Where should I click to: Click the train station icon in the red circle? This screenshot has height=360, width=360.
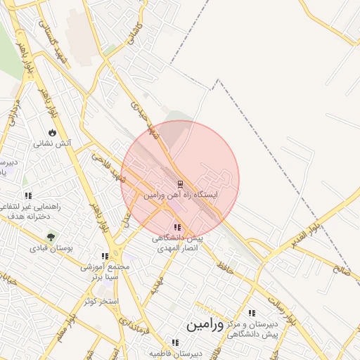(x=180, y=184)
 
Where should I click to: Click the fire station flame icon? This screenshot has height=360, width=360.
(x=53, y=133)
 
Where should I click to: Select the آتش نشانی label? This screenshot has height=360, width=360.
(x=53, y=143)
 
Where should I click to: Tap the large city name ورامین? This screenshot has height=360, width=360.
(x=205, y=326)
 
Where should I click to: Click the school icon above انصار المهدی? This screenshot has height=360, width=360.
(x=176, y=228)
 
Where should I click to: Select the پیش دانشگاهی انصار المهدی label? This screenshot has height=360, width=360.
(x=178, y=243)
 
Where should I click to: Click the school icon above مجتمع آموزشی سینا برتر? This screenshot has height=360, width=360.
(x=105, y=257)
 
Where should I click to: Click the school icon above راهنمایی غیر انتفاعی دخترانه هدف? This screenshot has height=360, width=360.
(x=28, y=196)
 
